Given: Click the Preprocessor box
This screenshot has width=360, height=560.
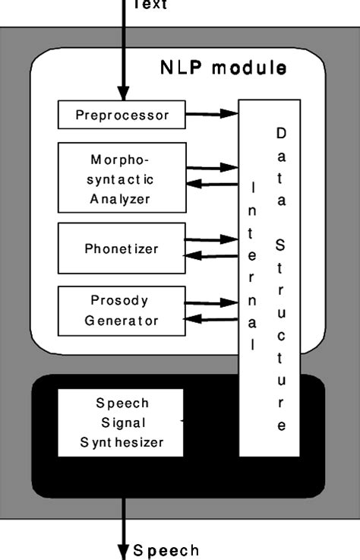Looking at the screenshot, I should tap(122, 115).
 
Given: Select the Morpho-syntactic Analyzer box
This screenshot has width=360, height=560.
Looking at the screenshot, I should tap(122, 180).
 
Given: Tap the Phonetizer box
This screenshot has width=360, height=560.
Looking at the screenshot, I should tap(122, 248).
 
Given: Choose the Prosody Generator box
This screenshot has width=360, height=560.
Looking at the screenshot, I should tap(122, 311).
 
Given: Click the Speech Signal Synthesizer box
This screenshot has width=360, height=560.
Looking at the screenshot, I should tap(122, 423).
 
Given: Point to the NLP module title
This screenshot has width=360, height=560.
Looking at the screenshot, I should tap(223, 68).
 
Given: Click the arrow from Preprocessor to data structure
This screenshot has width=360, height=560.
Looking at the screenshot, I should tap(212, 115).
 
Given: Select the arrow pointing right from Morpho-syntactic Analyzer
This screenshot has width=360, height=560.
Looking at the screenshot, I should tap(212, 167).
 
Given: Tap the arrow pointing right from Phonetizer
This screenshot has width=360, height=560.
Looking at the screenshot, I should tap(212, 239).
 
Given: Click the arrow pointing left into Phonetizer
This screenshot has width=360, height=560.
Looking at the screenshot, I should tap(212, 256).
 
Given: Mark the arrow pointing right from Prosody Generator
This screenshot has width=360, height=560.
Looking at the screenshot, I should tap(212, 302).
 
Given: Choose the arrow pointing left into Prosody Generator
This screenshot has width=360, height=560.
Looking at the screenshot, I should tap(212, 319).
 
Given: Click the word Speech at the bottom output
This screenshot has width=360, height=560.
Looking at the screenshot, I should tap(166, 550).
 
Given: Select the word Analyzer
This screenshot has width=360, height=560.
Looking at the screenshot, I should tap(121, 200).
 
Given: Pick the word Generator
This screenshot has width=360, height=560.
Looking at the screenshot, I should tap(122, 321).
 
